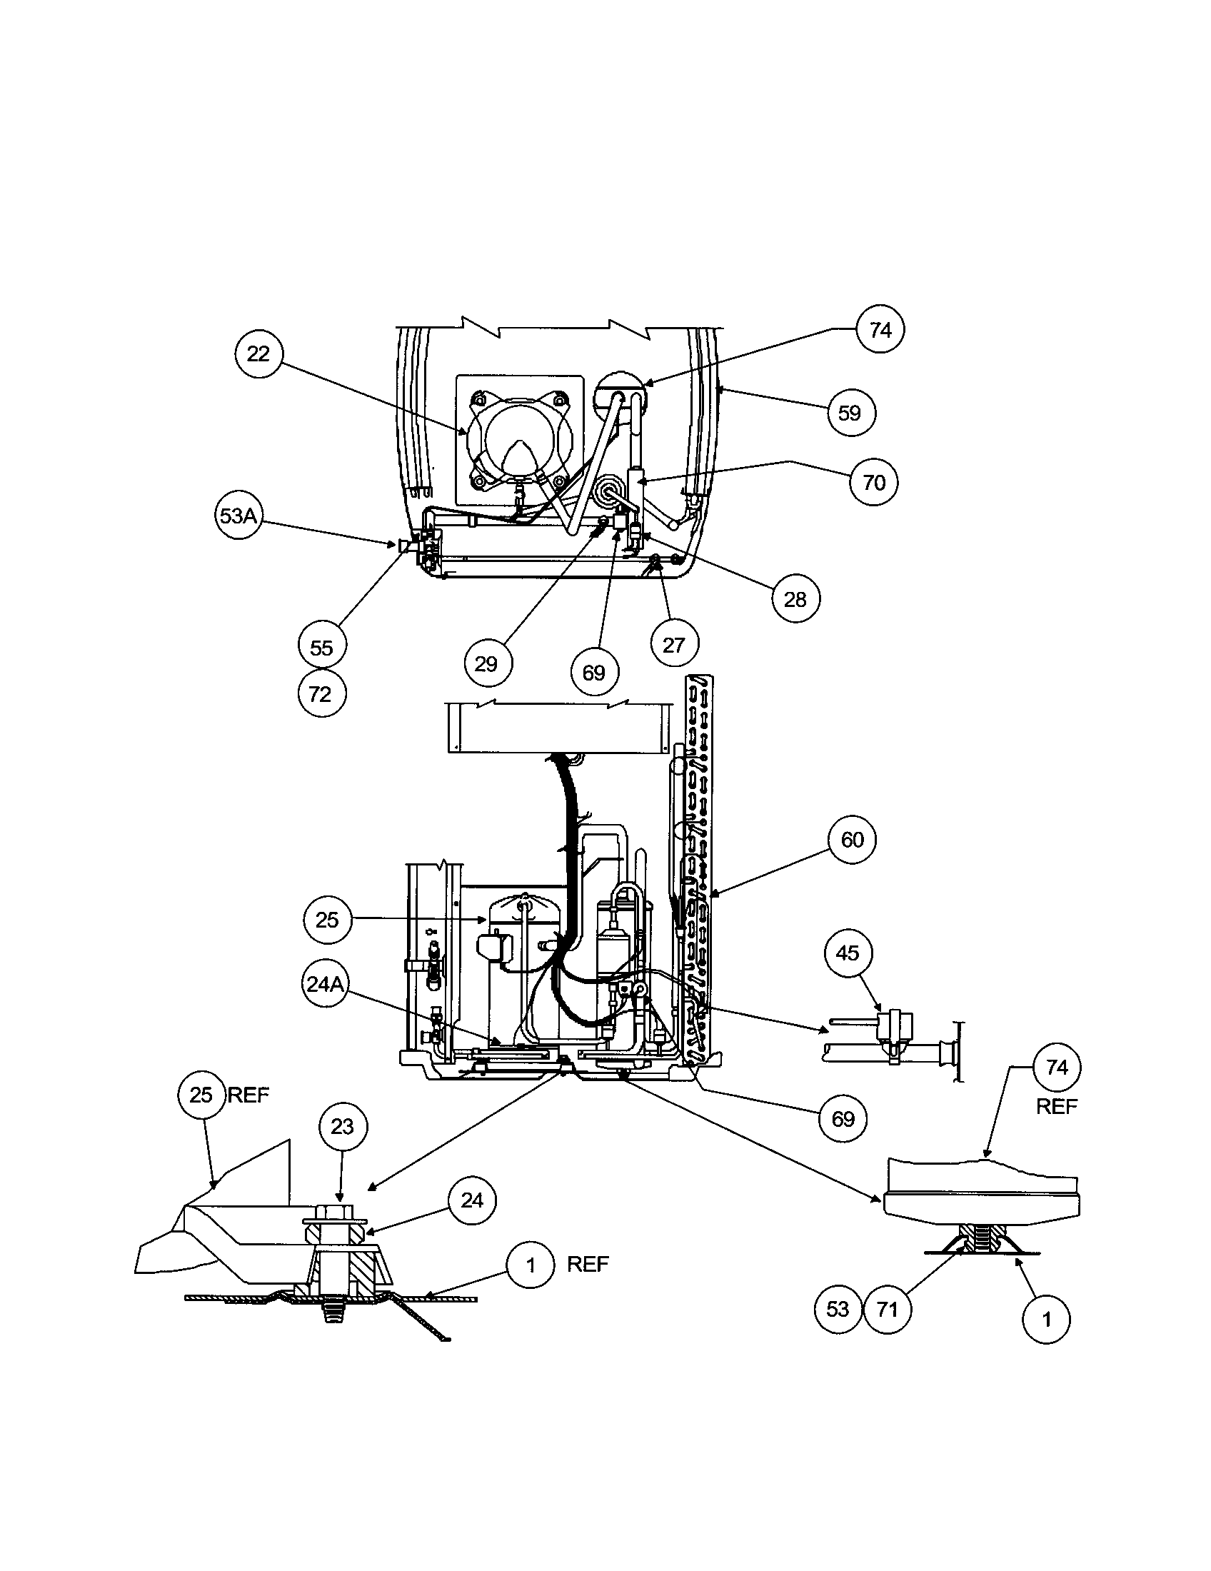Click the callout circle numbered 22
coord(258,354)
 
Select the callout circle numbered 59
coord(850,413)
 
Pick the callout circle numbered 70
coord(874,481)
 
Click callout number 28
coord(795,599)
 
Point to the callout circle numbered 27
coord(674,645)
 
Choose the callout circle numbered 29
coord(487,663)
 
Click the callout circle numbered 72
coord(321,694)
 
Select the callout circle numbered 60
coord(852,840)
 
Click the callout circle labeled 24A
coord(325,983)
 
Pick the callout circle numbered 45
coord(848,953)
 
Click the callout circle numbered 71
coord(888,1309)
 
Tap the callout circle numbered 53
coord(838,1309)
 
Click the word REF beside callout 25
coord(248,1095)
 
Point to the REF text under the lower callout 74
coord(1056,1106)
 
